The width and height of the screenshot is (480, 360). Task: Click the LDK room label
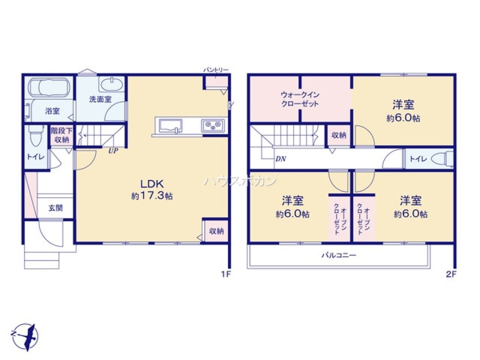pos(153,183)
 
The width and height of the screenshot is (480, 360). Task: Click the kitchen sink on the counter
pos(170,126)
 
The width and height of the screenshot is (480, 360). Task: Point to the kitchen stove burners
pos(213,126)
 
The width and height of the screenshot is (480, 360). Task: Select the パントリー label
pos(216,70)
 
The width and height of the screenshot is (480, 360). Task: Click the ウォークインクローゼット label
pos(300,99)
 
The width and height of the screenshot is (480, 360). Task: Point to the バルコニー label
pos(338,255)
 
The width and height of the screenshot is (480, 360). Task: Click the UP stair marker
pos(113,151)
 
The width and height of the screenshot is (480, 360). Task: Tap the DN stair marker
pos(280,158)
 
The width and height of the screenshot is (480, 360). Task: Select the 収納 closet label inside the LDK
pos(216,231)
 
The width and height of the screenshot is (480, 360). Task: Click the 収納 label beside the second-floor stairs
pos(339,135)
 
